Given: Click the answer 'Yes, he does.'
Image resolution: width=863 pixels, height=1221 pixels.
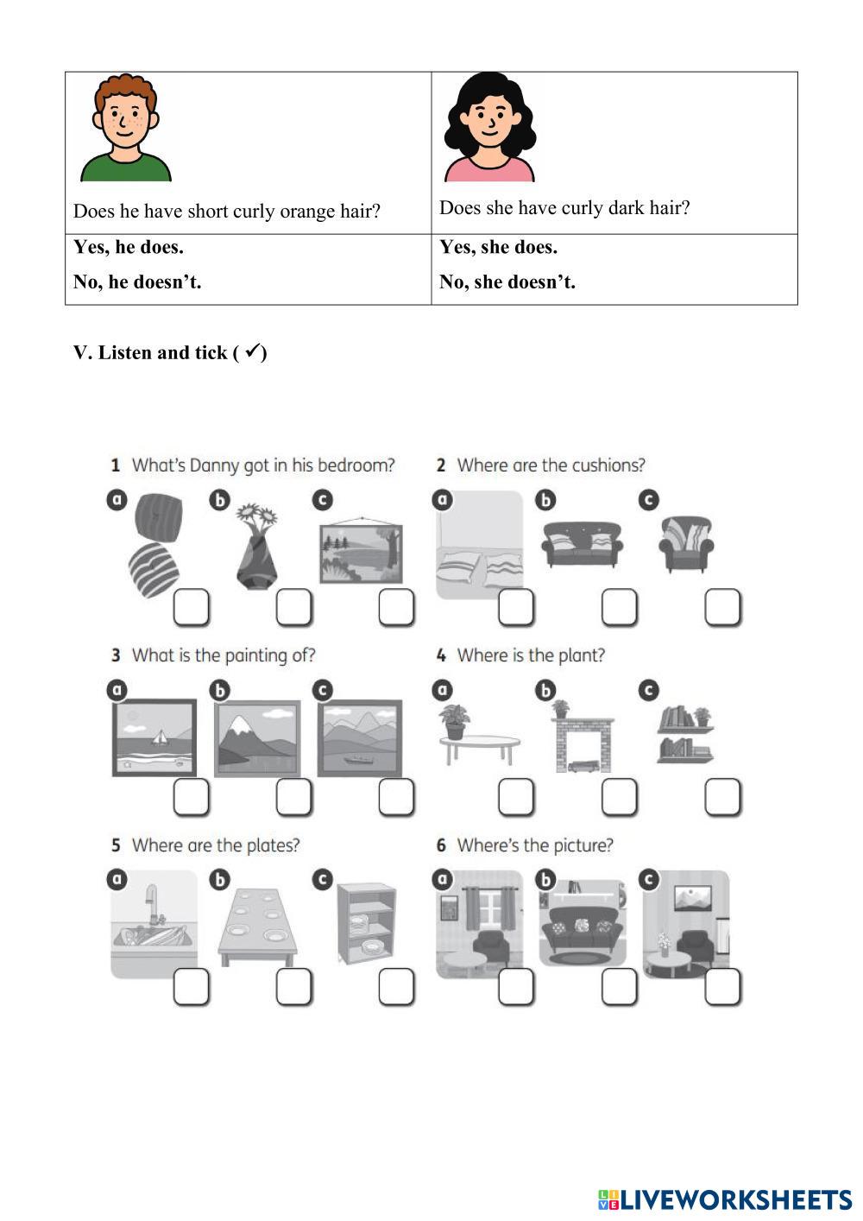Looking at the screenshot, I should pos(128,248).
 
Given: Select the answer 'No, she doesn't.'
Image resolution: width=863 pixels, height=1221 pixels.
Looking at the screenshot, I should pos(507,282).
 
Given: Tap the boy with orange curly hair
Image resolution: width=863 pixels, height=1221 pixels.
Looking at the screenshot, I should pos(126,128).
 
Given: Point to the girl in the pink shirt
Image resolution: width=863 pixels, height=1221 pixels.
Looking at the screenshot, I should pos(489,128).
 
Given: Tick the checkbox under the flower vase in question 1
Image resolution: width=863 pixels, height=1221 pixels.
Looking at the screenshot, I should pos(293,607).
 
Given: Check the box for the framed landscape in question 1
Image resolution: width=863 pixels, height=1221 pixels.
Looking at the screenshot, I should pos(396,607).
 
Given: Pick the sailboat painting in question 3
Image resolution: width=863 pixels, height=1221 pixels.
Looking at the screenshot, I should pos(154,737).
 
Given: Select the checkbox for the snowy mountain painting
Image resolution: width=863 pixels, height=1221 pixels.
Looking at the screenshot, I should pos(293,797).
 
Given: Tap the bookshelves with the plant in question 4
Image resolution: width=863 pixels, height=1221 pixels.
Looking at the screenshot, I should pos(686,734).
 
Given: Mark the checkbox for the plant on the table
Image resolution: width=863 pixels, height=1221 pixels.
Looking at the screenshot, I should pos(516,797).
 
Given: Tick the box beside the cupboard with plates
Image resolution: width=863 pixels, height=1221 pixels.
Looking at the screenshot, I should pos(396,987).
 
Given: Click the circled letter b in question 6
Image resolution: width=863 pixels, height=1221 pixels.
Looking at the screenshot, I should pos(545,880).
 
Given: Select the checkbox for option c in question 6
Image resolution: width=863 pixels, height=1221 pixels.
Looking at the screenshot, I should pos(722,987).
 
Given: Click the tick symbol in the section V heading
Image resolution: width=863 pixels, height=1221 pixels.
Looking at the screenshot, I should pos(252,351).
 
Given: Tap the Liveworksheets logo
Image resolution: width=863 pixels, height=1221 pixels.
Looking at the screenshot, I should pos(725,1199).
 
